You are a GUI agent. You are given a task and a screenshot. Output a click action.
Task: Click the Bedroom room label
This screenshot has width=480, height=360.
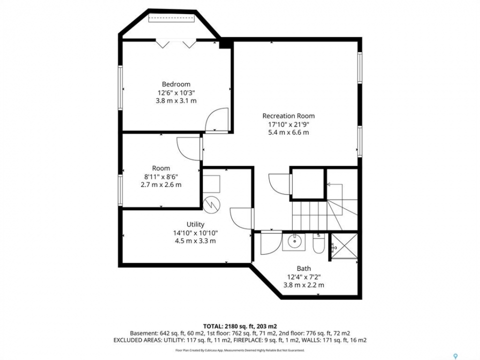pos(176,84)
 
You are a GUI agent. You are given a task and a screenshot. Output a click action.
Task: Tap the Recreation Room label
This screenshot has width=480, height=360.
pos(288,116)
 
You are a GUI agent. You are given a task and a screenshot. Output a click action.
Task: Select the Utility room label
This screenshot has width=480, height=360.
pos(195,224)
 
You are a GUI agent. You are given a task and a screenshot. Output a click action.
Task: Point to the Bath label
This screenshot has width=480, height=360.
pos(303,268)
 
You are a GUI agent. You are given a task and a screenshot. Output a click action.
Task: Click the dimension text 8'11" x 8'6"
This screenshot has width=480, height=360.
pos(161,176)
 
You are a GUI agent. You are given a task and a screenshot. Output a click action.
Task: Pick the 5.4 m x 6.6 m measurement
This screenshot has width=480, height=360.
pos(288,132)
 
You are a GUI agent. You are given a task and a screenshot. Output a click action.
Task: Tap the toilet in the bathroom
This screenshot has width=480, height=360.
pos(318,243)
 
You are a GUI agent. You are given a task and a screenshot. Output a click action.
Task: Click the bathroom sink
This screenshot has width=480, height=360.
pos(293,242)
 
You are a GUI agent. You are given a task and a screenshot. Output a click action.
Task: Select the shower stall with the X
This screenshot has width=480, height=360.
pos(344,246)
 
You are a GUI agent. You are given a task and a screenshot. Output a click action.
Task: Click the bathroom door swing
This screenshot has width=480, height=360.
pos(271,242)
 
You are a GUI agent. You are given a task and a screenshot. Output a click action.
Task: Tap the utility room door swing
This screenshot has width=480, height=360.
pos(241,218)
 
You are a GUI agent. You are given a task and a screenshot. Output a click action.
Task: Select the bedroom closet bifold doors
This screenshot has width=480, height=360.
pos(176,43)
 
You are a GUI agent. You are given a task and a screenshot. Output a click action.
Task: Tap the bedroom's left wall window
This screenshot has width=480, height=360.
pos(120,88)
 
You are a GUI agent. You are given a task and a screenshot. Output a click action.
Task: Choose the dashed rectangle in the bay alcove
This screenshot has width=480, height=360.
pos(171,18)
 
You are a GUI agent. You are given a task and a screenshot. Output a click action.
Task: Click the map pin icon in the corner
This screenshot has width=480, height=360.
pos(455,356)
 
